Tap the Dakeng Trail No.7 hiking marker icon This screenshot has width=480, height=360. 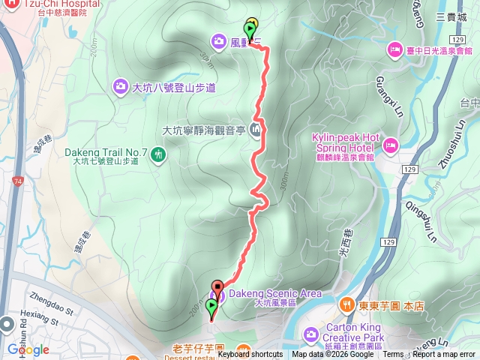pyautogui.click(x=158, y=155)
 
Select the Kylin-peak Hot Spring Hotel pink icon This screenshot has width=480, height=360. pyautogui.click(x=390, y=144)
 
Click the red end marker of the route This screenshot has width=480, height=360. pyautogui.click(x=217, y=286)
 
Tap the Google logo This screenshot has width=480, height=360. pyautogui.click(x=28, y=349)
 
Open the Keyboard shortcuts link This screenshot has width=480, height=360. pyautogui.click(x=250, y=355)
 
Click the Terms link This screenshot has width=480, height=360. pyautogui.click(x=393, y=355)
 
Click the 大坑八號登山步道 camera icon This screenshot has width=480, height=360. pyautogui.click(x=120, y=87)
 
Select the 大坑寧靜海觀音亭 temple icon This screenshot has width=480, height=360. pyautogui.click(x=257, y=131)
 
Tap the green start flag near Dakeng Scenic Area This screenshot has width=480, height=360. pyautogui.click(x=211, y=306)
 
